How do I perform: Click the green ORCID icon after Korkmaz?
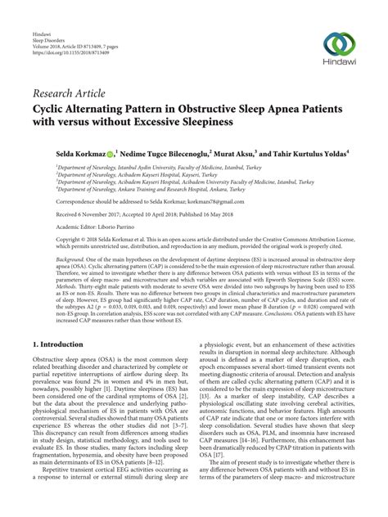[109, 153]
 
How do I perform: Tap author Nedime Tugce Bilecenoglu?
[164, 153]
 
